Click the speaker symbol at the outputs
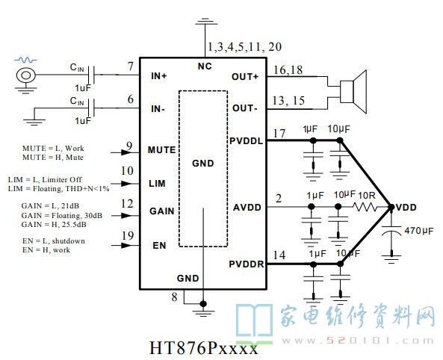coord(353,92)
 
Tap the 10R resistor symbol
coord(365,208)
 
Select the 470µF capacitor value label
coord(418,231)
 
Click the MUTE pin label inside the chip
coord(161,150)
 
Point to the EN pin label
coord(159,245)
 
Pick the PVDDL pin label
coord(246,140)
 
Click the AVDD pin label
coord(247,208)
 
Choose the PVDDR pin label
coord(246,264)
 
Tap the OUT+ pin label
coord(245,77)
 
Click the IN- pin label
coord(158,109)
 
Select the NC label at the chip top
coord(205,66)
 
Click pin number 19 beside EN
coord(128,235)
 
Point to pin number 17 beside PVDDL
coord(279,133)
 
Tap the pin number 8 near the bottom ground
coord(174,297)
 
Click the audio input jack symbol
coord(25,75)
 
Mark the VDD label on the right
coord(406,208)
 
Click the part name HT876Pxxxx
coord(203,347)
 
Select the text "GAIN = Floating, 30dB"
coord(61,216)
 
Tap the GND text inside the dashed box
coord(203,163)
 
